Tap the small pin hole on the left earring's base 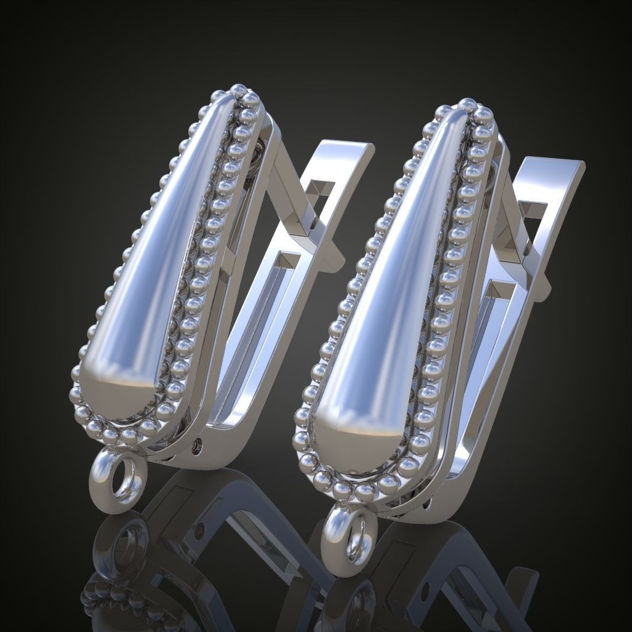coord(197,443)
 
